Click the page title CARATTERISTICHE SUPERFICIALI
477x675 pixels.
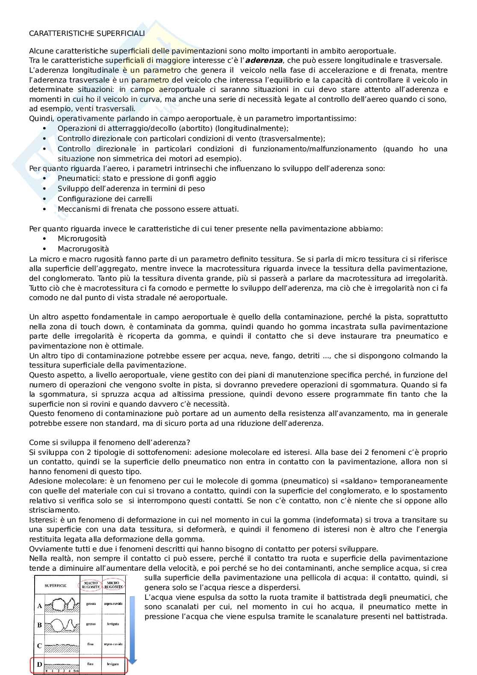point(87,33)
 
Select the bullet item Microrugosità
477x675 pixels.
point(82,239)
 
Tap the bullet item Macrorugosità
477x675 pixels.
point(83,249)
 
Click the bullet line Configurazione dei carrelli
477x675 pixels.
point(105,199)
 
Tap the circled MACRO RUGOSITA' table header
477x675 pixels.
point(91,584)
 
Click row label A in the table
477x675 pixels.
point(40,606)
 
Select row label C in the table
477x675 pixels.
point(40,646)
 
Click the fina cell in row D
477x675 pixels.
point(91,664)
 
